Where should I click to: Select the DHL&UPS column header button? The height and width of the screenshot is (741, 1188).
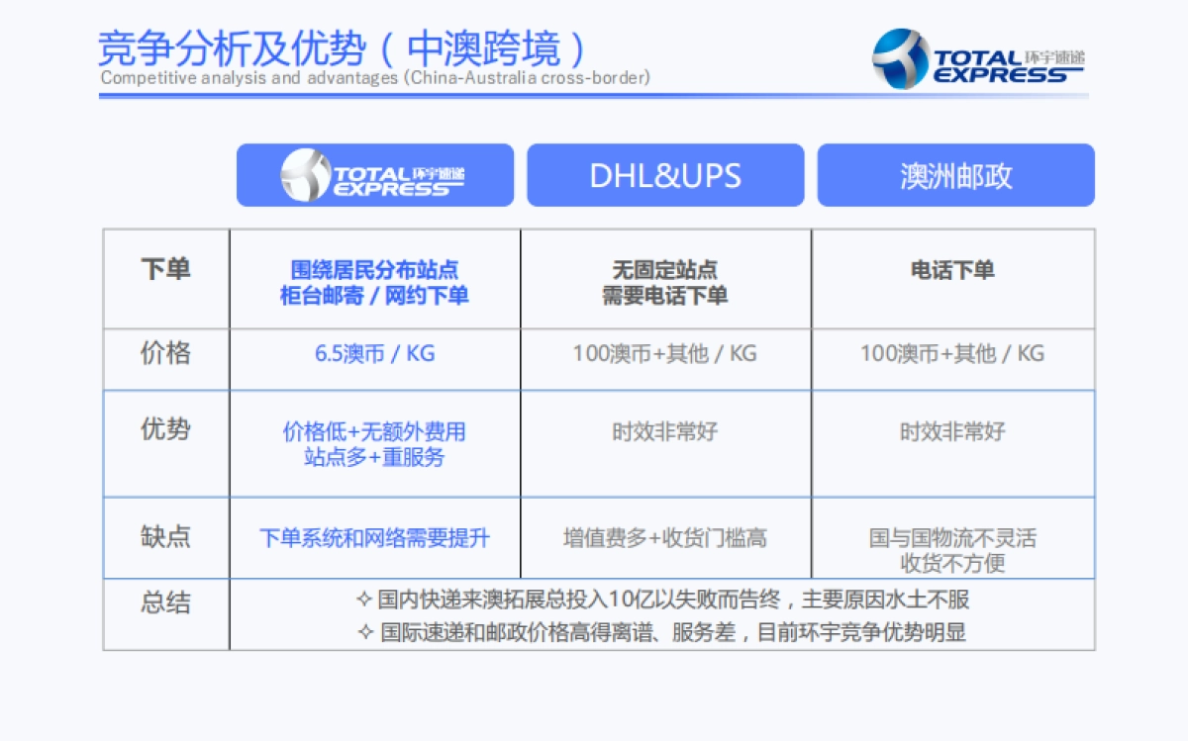[665, 175]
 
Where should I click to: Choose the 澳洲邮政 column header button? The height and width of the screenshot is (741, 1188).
[955, 175]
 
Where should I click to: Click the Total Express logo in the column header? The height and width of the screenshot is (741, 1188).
[374, 175]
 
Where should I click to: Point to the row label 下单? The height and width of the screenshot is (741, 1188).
[165, 269]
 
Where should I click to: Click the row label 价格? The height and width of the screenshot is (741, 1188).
[165, 353]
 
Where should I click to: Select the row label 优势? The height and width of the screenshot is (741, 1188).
[165, 429]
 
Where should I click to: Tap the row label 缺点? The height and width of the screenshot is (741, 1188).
[165, 536]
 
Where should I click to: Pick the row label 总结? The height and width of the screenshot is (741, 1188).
[165, 602]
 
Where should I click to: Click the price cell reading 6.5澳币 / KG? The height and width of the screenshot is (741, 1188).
[374, 353]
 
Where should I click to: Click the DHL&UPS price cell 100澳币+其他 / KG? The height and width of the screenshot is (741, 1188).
[664, 353]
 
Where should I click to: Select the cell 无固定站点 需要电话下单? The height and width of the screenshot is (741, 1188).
[664, 282]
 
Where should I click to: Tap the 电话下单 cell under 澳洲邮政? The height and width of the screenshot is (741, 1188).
[952, 270]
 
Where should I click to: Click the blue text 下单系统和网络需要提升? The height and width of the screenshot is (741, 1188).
[374, 538]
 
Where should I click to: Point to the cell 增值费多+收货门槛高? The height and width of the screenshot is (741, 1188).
[664, 538]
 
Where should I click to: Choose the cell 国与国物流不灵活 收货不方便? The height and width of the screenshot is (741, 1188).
[952, 550]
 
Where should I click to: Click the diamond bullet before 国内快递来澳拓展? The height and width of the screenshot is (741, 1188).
[364, 600]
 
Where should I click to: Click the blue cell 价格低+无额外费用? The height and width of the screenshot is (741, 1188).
[374, 432]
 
